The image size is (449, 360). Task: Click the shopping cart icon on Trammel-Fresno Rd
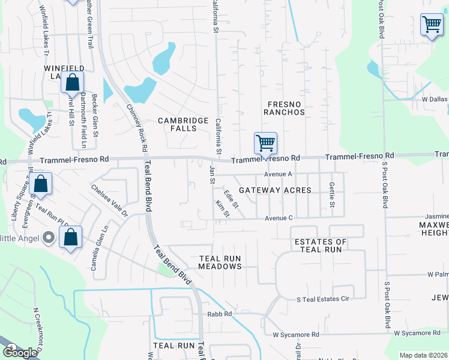pyautogui.click(x=265, y=144)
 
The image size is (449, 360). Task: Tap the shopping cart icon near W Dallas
pyautogui.click(x=432, y=25)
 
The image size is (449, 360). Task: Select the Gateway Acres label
pyautogui.click(x=275, y=190)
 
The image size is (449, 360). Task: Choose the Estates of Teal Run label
pyautogui.click(x=321, y=246)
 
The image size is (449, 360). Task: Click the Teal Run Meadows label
pyautogui.click(x=220, y=262)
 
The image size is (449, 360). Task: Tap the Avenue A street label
pyautogui.click(x=278, y=174)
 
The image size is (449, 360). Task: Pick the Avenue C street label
pyautogui.click(x=279, y=218)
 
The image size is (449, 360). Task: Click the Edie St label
pyautogui.click(x=231, y=200)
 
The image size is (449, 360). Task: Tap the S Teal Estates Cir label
pyautogui.click(x=323, y=299)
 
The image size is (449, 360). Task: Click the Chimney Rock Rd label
pyautogui.click(x=137, y=127)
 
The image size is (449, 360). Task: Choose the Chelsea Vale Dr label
pyautogui.click(x=109, y=200)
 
